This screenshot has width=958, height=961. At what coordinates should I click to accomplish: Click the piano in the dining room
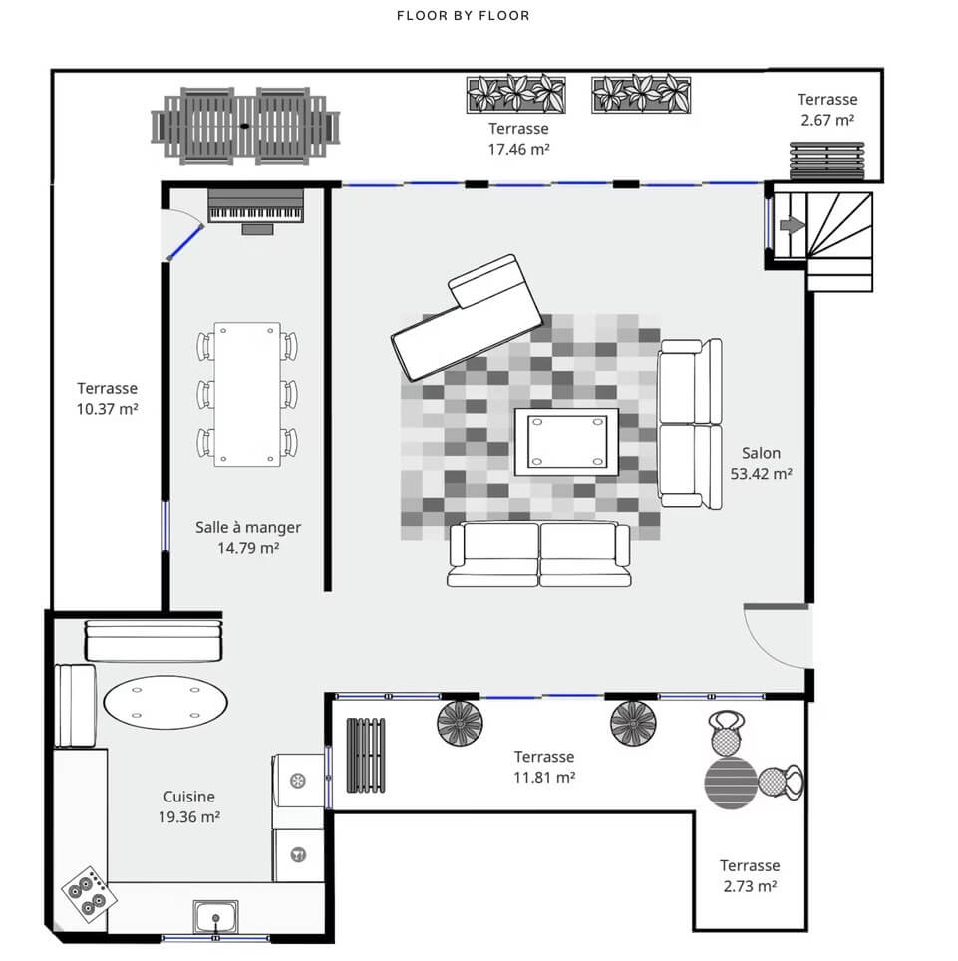point(255,210)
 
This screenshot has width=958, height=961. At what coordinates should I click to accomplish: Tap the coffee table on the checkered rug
point(566,442)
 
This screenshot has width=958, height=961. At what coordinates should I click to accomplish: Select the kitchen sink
point(215,917)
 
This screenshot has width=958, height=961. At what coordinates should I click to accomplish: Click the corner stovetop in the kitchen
point(89,894)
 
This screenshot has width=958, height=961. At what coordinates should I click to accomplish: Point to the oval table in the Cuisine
point(165,703)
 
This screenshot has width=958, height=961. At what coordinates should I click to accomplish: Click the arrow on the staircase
point(793,225)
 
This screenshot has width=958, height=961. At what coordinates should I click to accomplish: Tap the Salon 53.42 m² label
point(761,463)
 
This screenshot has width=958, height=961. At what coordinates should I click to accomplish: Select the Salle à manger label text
point(248,527)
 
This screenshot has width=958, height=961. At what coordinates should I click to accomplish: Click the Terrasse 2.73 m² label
point(750,876)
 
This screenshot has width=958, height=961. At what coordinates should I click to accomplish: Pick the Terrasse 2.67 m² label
point(827,109)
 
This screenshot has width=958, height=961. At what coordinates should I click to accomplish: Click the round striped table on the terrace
point(731,784)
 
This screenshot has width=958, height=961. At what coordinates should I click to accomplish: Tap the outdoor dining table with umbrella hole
point(245,126)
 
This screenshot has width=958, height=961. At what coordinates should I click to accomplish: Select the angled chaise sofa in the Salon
point(468,318)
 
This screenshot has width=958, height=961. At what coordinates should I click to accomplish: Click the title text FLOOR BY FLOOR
point(464,15)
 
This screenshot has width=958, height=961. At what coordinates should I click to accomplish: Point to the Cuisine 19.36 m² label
point(188,806)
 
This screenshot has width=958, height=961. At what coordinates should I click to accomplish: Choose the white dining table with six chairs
point(247,394)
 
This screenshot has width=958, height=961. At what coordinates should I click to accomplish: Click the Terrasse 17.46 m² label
point(518,139)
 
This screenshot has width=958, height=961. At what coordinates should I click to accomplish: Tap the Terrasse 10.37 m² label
point(108,399)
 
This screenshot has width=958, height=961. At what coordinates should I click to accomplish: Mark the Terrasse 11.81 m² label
point(544,767)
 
